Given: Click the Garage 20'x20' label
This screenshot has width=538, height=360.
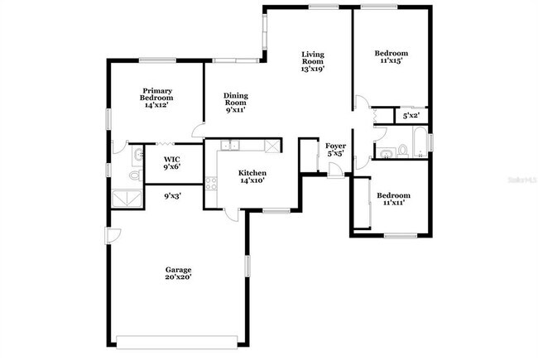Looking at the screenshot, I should pos(178,273).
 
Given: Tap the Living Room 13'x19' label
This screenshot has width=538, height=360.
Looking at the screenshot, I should pos(312,62).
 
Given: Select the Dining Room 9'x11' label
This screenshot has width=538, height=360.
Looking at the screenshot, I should pos(236,102).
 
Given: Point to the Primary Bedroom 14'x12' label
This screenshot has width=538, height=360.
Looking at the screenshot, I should pos(156,98).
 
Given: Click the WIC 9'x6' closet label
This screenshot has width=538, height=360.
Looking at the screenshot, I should pos(171,162).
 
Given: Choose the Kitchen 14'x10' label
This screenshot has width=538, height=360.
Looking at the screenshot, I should pos(252,176).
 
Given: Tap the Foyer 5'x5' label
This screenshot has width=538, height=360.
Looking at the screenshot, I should pos(335,150).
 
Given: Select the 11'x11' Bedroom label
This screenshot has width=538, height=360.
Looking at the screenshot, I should pos(393,199).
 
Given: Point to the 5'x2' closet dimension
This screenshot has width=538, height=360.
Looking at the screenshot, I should pos(411,117).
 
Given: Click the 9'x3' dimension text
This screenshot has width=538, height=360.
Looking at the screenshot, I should pos(171,196).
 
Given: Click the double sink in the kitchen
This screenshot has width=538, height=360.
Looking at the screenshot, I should pos(229,146).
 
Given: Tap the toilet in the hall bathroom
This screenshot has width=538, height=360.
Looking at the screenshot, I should pos(401,151).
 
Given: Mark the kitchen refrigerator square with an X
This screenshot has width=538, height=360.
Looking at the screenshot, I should pos(271,146).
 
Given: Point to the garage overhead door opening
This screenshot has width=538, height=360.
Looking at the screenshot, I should pos(180,342).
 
